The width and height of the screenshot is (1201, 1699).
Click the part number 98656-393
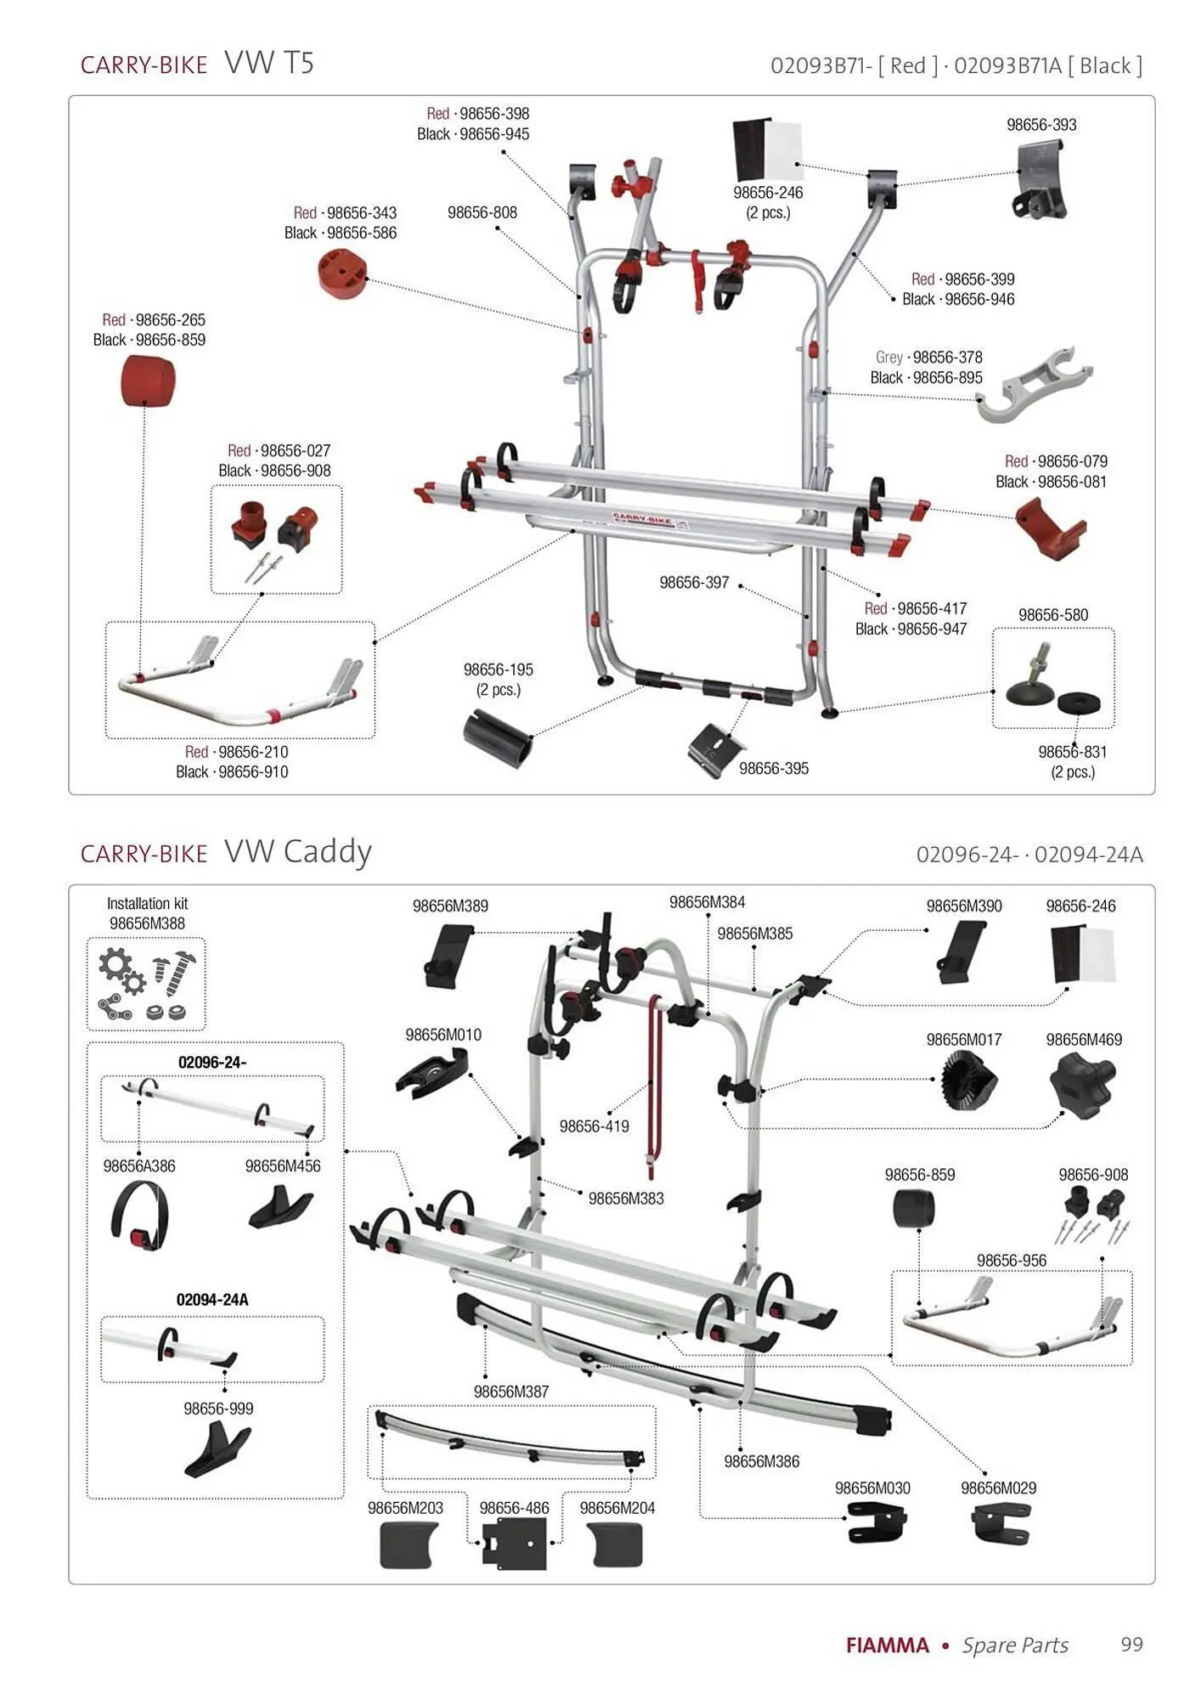pyautogui.click(x=1040, y=125)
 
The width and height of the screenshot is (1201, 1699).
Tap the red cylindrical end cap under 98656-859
pyautogui.click(x=149, y=381)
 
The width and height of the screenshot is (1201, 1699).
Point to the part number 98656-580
pyautogui.click(x=1052, y=615)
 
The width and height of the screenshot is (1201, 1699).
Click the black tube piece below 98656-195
pyautogui.click(x=498, y=737)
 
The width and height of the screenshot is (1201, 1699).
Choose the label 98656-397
pyautogui.click(x=694, y=583)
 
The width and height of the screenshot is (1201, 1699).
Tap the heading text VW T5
pyautogui.click(x=269, y=63)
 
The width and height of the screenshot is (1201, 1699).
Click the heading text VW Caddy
pyautogui.click(x=297, y=851)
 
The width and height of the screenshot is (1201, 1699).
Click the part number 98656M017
pyautogui.click(x=964, y=1040)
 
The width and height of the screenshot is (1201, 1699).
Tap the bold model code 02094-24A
pyautogui.click(x=212, y=1300)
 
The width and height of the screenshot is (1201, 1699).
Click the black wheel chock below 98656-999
pyautogui.click(x=217, y=1448)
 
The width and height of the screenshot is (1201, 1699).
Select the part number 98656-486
pyautogui.click(x=514, y=1508)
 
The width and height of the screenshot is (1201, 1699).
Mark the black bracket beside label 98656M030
pyautogui.click(x=877, y=1522)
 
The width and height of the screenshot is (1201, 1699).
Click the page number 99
pyautogui.click(x=1131, y=1645)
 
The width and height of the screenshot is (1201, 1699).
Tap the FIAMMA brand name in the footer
pyautogui.click(x=887, y=1645)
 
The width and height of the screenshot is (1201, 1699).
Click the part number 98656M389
pyautogui.click(x=450, y=906)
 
